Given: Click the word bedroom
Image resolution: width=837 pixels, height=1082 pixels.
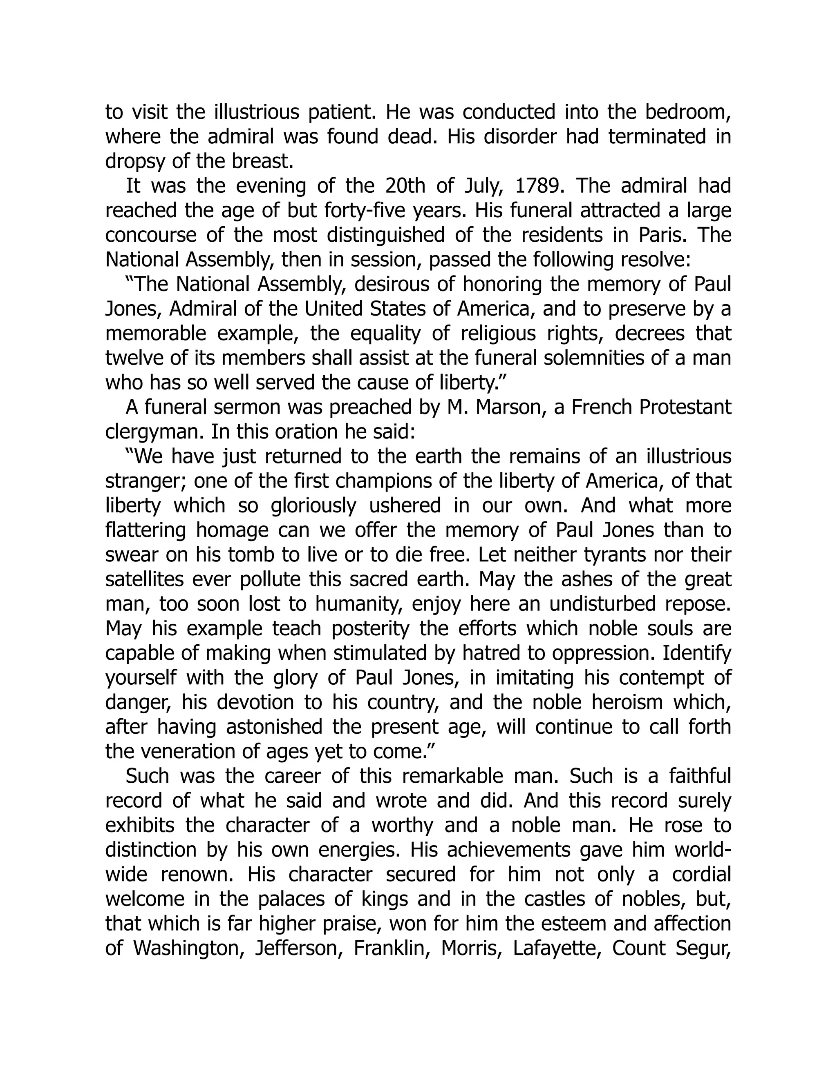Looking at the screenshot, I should point(688,112).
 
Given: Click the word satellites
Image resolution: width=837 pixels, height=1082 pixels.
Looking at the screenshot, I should point(142,579).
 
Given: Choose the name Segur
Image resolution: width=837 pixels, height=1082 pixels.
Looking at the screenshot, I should point(703,948).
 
